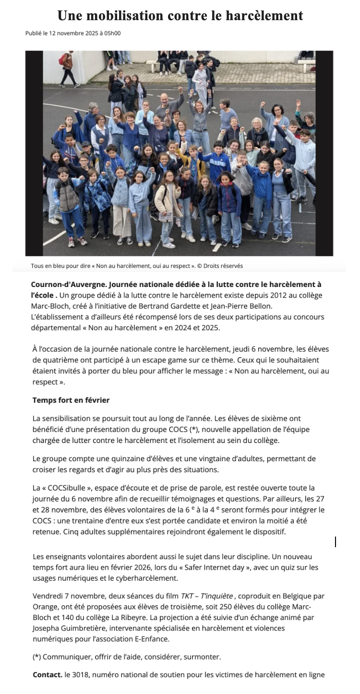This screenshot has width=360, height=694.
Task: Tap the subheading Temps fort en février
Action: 71,400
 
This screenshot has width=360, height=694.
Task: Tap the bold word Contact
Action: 48,674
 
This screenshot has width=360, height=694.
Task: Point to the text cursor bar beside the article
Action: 335,542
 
